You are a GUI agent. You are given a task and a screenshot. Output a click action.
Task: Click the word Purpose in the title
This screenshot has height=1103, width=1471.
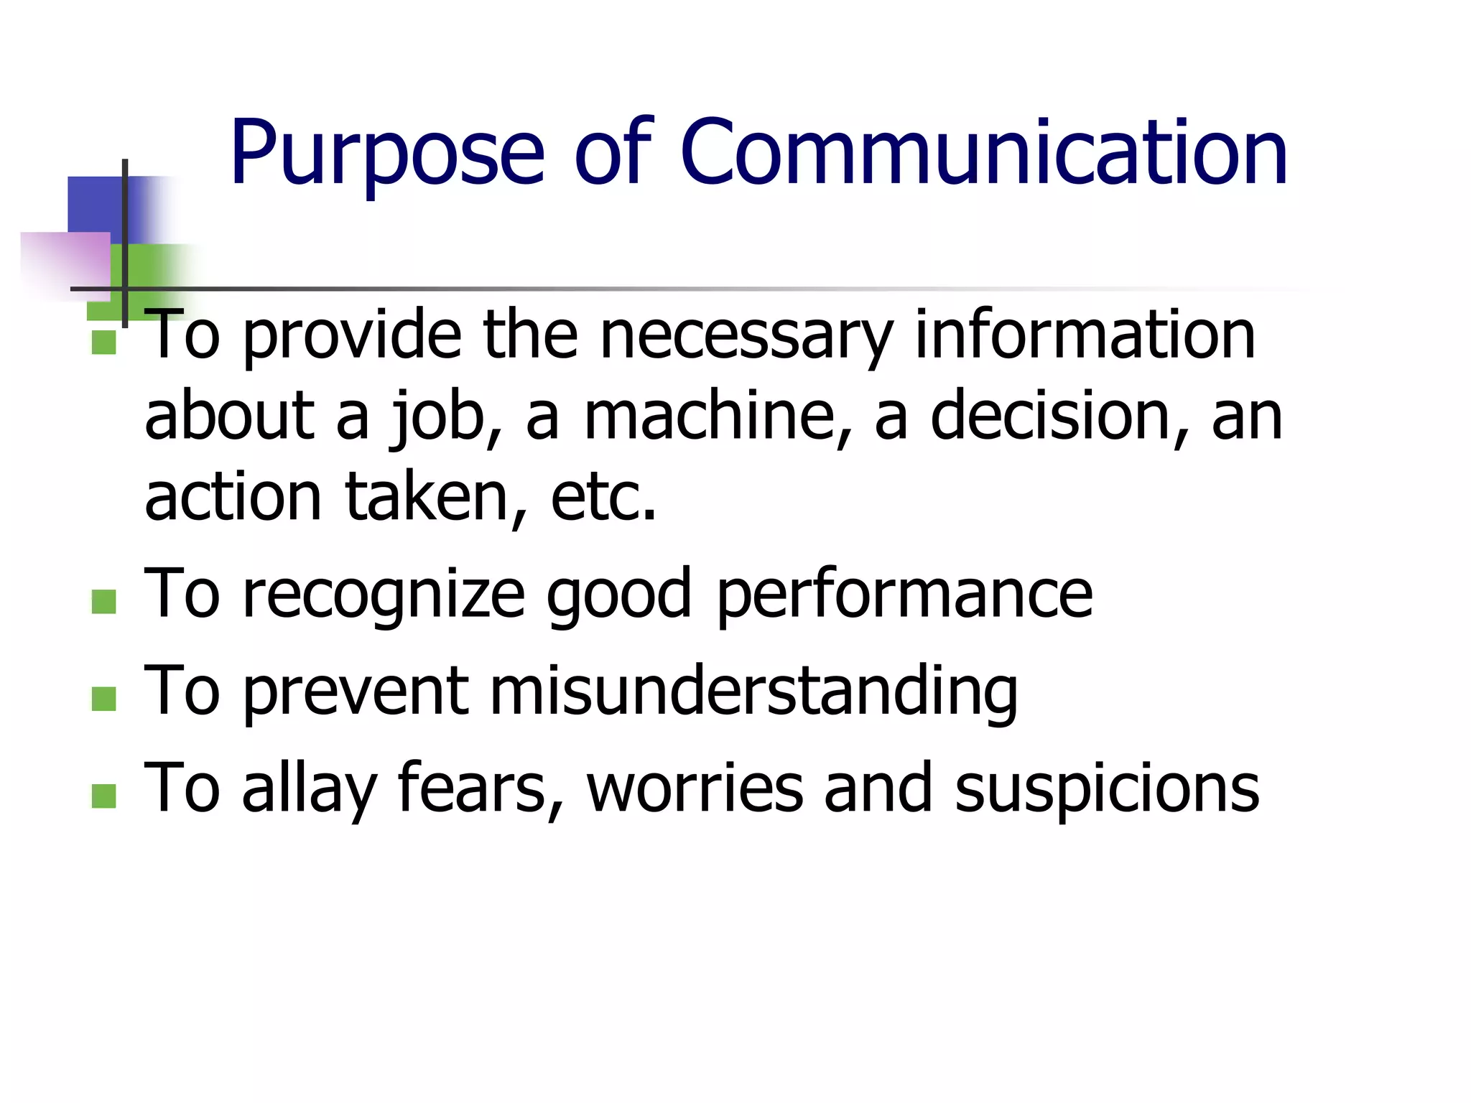pyautogui.click(x=386, y=154)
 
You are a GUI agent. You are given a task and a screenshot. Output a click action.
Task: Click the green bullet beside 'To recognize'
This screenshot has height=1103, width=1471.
pyautogui.click(x=104, y=602)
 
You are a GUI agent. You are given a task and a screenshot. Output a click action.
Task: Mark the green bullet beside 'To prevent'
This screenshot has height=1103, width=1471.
pyautogui.click(x=104, y=699)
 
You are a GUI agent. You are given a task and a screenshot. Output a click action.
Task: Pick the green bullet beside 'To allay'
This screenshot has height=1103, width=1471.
pyautogui.click(x=104, y=796)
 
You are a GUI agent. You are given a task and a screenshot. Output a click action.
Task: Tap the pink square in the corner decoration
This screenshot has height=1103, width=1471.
pyautogui.click(x=68, y=262)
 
